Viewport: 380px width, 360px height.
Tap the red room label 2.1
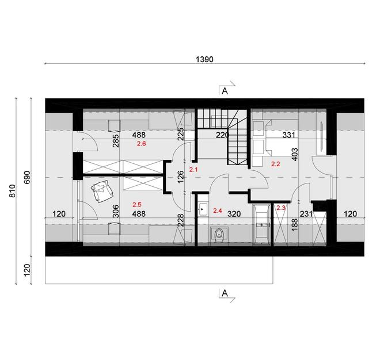[x=193, y=170]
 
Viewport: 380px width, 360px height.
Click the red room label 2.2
[x=275, y=164]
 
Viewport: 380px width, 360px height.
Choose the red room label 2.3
[x=281, y=208]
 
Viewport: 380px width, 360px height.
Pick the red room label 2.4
[x=218, y=211]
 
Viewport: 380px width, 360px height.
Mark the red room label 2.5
[x=137, y=204]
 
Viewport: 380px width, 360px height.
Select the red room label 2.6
[x=142, y=144]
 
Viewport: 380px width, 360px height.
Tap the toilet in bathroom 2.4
[x=218, y=235]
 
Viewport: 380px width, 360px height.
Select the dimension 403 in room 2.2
[x=295, y=156]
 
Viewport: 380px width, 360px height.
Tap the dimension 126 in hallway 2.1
[x=180, y=176]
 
